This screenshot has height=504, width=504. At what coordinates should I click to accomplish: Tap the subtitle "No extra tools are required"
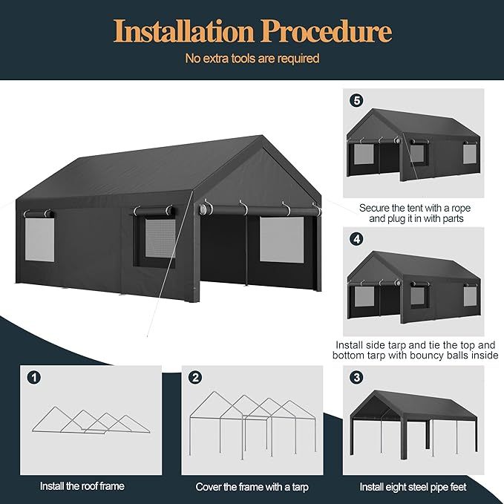pos(252,58)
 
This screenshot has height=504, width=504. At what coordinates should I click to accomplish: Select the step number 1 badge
pos(33,378)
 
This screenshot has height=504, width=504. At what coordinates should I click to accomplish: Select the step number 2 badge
pos(194,378)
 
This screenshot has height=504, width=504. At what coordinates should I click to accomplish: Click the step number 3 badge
pos(357,378)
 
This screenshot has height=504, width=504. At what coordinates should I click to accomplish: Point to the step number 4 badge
pos(357,239)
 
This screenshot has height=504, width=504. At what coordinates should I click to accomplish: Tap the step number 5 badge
pos(357,99)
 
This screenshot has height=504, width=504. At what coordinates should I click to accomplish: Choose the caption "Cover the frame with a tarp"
pos(252,487)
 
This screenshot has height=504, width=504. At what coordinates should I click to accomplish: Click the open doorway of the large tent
pos(223,249)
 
